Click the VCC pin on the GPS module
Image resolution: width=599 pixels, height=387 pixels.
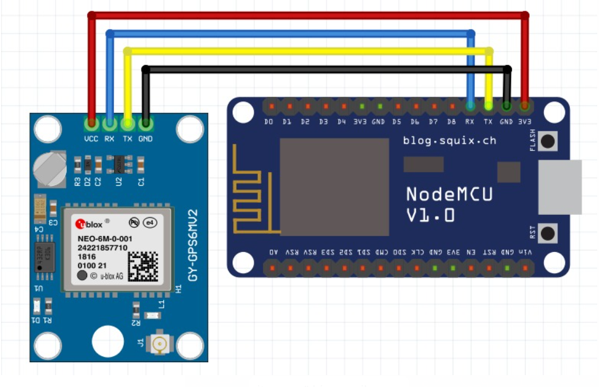(x=91, y=124)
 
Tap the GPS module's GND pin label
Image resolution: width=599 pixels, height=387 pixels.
(x=145, y=138)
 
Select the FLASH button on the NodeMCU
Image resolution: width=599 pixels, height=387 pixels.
(x=549, y=141)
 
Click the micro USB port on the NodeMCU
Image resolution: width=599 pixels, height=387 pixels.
(x=559, y=187)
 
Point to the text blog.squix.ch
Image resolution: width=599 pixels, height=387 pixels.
(x=449, y=140)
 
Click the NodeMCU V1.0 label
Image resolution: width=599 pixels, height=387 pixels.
(x=449, y=204)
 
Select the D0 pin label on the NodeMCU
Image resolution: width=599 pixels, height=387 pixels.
(x=269, y=122)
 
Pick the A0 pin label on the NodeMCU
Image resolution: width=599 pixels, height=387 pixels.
(x=273, y=252)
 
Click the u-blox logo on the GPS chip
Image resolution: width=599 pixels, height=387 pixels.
(x=89, y=224)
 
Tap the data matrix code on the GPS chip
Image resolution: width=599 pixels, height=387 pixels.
(x=143, y=266)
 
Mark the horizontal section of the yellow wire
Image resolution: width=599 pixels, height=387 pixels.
(x=308, y=51)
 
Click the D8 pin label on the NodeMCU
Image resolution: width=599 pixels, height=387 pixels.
(x=451, y=122)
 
